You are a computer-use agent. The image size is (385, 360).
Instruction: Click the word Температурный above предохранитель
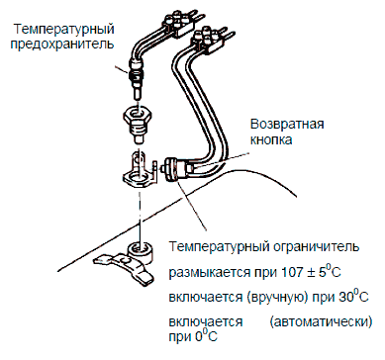coord(64,29)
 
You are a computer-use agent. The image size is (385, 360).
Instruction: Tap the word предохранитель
coord(62,45)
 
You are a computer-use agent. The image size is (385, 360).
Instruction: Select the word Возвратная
coord(287,124)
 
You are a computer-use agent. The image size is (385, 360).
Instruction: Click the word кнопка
coord(271,139)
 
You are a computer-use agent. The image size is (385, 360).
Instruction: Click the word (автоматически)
coord(321,321)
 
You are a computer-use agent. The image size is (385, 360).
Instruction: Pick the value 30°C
coord(353,296)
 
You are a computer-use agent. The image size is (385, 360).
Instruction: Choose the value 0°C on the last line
coord(206,336)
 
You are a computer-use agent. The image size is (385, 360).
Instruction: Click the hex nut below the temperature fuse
coord(138,125)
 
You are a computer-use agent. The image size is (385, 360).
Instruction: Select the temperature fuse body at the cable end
coord(136,79)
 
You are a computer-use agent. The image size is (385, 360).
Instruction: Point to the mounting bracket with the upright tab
coord(140,170)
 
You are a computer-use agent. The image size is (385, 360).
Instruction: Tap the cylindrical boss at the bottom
coord(141,251)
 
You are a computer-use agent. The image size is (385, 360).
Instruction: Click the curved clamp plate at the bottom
coord(125,266)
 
